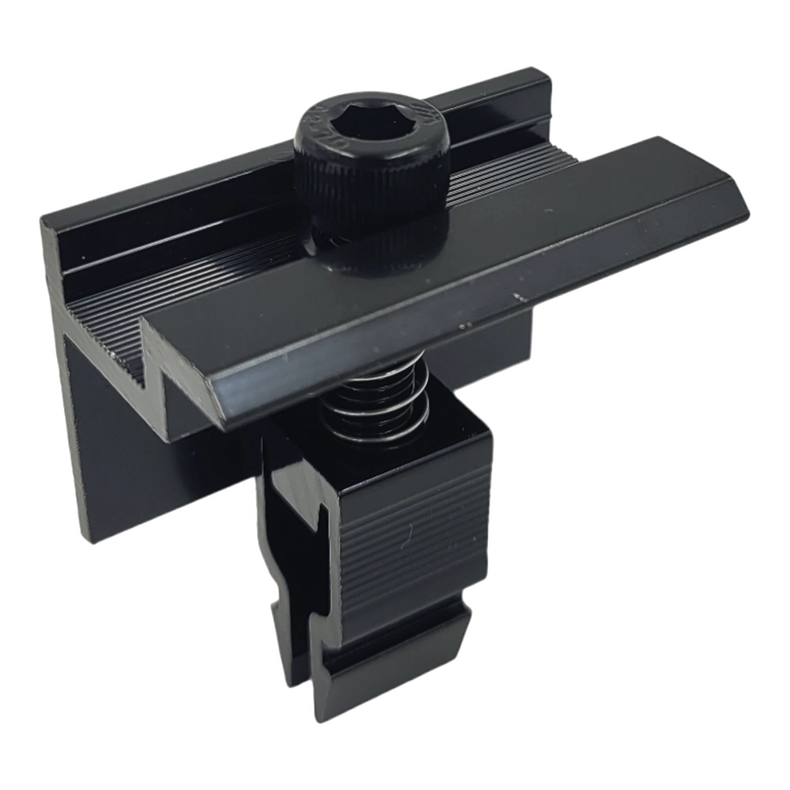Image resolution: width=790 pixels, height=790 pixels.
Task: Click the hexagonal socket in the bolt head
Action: [370, 129]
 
